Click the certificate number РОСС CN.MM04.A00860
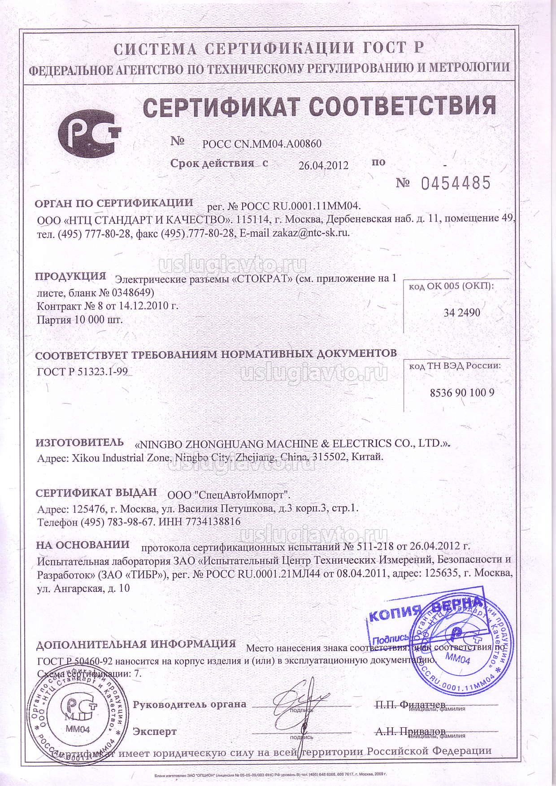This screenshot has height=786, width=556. pos(262,144)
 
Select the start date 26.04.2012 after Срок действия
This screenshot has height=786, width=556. pos(323,165)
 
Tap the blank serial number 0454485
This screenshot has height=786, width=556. pos(455,183)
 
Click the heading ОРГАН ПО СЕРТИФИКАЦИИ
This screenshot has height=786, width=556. pos(114,203)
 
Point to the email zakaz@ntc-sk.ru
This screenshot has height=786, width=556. pos(311,233)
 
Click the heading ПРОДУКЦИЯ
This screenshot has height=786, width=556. pos(70,276)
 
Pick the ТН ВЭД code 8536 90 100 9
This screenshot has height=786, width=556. pos(462,393)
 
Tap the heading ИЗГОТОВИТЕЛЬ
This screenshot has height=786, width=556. pos(80,442)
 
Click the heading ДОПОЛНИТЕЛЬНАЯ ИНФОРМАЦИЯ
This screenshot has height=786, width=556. pos(136,644)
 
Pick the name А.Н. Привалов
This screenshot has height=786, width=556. pos(410,732)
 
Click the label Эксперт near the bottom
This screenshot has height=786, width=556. pos(155,732)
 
